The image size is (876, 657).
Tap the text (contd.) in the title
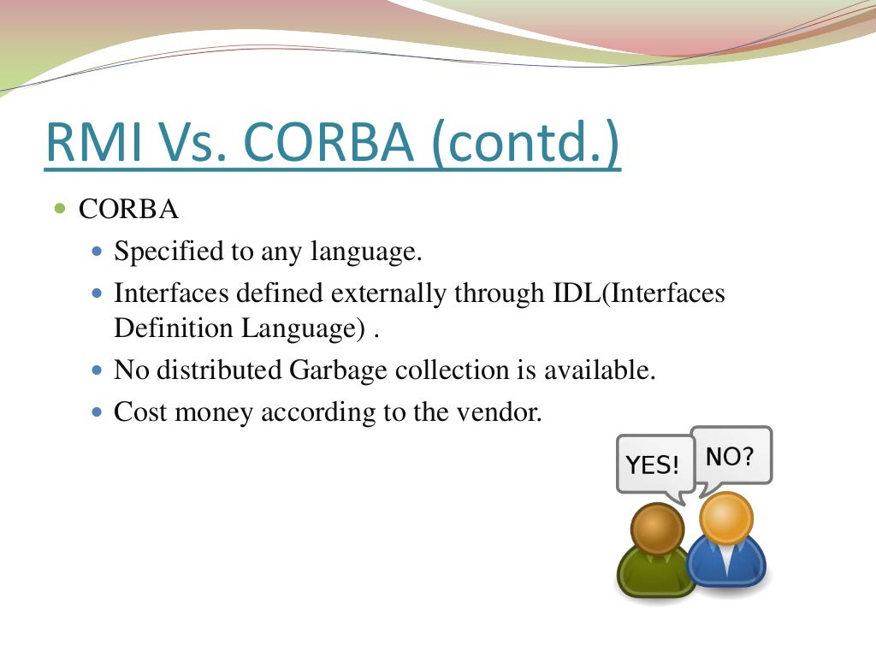coord(536,144)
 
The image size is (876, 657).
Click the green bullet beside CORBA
coord(59,209)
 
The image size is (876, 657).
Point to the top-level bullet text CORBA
coord(128,210)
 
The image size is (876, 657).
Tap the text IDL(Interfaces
coord(634,293)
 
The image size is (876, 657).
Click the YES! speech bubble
coord(653,465)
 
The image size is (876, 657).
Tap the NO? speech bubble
coord(730,456)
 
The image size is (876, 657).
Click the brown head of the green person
coord(656,528)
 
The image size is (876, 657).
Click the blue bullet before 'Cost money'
coord(97,411)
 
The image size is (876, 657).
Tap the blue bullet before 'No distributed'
coord(97,370)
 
